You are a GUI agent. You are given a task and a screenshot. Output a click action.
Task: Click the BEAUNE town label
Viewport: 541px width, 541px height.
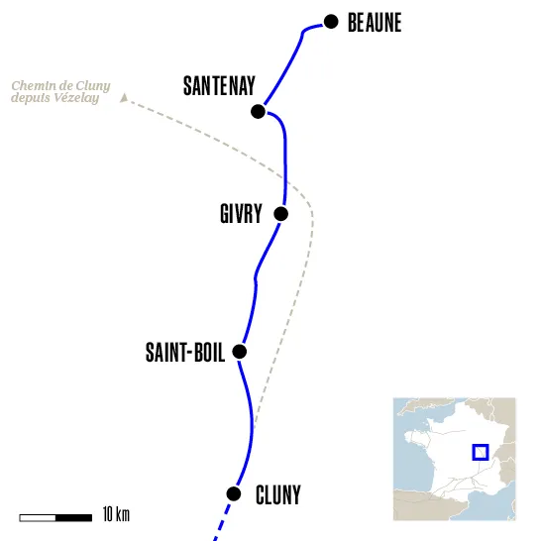[x=375, y=23]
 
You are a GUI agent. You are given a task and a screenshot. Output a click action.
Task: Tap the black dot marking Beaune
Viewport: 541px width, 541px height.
[x=331, y=21]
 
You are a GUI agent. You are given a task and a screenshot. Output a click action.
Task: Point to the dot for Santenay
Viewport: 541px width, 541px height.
[x=259, y=111]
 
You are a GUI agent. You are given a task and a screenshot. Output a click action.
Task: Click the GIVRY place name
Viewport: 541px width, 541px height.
[x=241, y=214]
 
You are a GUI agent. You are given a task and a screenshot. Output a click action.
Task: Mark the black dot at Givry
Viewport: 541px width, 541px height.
[x=280, y=213]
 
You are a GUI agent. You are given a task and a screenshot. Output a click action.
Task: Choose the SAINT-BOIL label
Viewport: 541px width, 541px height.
[x=185, y=352]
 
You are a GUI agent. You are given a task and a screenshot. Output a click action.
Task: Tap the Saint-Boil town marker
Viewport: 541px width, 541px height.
[x=238, y=351]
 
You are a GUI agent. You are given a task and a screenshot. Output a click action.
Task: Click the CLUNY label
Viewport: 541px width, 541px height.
[x=277, y=493]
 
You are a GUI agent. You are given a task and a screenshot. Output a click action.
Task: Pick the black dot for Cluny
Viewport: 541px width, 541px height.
[x=234, y=493]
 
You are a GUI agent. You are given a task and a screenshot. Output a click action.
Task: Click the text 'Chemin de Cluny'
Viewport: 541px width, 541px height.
[x=60, y=87]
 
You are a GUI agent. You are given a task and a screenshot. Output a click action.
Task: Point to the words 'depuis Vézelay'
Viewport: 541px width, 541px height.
[x=55, y=99]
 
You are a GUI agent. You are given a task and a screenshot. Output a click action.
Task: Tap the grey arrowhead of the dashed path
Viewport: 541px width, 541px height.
[x=123, y=97]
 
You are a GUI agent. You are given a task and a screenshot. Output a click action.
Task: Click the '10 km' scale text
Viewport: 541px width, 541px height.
[x=116, y=515]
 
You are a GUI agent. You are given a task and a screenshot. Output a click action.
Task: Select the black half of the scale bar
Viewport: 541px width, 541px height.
[x=73, y=516]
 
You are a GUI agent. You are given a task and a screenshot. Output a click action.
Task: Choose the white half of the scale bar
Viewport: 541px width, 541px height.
[x=38, y=516]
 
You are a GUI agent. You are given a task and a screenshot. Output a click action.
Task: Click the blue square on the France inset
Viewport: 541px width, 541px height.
[x=481, y=452]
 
